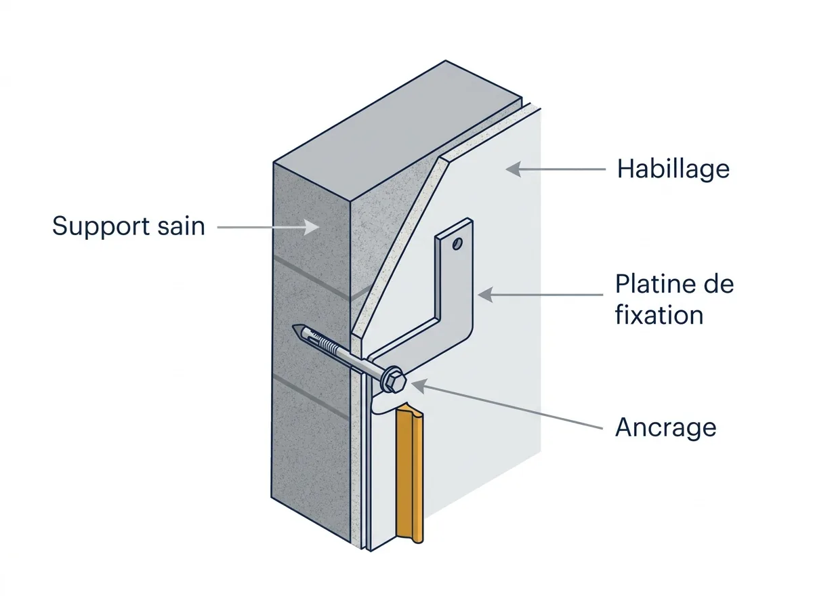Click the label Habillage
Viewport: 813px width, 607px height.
673,169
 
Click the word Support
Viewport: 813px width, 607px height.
101,226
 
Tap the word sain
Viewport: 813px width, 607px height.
181,226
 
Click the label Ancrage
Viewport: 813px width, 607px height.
665,428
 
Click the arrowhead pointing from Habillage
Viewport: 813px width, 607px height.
514,169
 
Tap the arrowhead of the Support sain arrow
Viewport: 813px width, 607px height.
312,227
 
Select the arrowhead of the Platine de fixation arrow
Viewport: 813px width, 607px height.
486,295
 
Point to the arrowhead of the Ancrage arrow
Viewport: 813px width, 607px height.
419,386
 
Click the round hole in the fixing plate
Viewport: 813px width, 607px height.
457,244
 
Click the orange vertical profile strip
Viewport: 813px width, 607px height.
410,474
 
